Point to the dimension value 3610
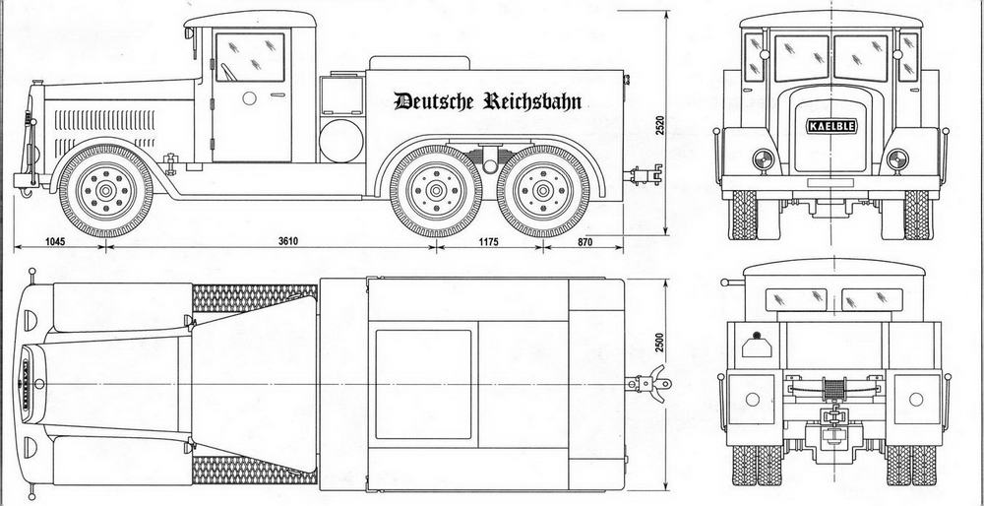click(x=287, y=242)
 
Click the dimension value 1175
click(x=490, y=242)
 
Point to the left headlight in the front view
click(x=763, y=160)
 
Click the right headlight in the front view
click(x=896, y=160)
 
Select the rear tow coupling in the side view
click(x=644, y=174)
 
